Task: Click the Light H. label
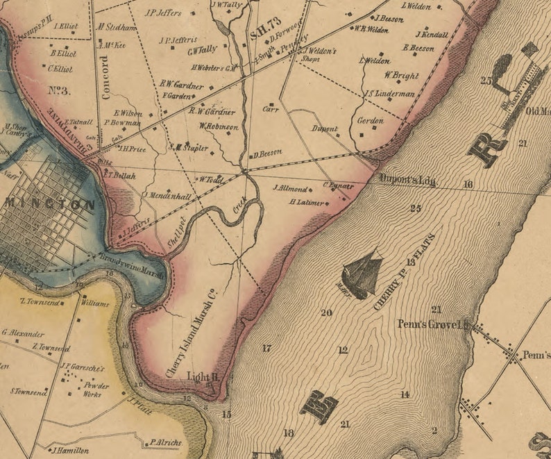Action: (x=203, y=376)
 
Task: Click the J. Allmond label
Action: (x=290, y=188)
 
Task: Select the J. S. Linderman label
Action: (x=389, y=94)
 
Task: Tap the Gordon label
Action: (x=369, y=120)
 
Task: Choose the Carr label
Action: (x=270, y=109)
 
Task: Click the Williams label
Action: (x=94, y=303)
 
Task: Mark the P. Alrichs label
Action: (x=165, y=442)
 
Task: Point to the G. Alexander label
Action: (x=23, y=333)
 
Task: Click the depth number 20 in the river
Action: (x=326, y=312)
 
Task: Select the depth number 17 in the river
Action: (x=266, y=348)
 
